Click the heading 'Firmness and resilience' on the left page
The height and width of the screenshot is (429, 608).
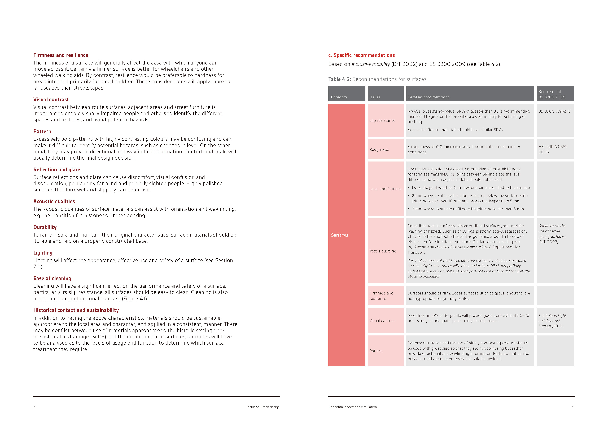coord(61,55)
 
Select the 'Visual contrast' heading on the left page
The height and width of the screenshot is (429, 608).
coord(51,100)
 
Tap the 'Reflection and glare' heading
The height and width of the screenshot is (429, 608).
coord(57,170)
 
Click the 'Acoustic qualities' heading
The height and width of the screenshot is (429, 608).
coord(54,201)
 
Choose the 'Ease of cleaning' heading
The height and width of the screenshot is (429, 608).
coord(52,278)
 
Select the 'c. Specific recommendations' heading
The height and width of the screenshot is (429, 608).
coord(361,55)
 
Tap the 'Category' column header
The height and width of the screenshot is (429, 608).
coord(339,97)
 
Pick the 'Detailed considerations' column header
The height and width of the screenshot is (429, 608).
coord(428,97)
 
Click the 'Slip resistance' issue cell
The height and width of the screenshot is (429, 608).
coord(382,121)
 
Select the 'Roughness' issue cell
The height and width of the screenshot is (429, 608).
coord(379,150)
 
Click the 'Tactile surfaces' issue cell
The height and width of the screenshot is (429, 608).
coord(383,251)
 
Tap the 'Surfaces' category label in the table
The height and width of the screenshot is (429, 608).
coord(339,235)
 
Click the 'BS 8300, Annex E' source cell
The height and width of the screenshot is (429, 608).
coord(554,111)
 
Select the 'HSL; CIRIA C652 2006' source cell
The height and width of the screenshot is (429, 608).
coord(553,149)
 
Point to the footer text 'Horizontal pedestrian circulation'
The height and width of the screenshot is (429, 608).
coord(352,407)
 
